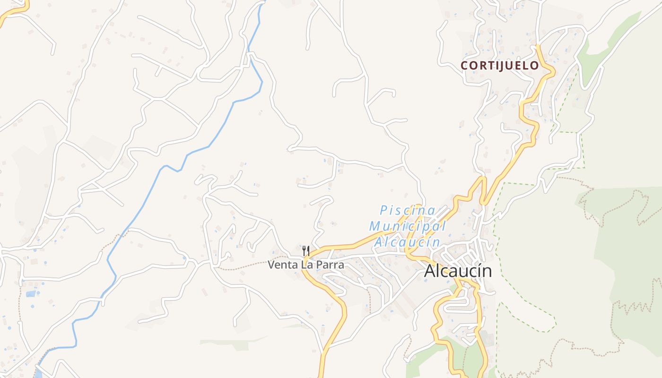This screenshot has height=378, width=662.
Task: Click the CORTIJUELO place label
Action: point(500,66)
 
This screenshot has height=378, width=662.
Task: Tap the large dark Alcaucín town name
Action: point(458,271)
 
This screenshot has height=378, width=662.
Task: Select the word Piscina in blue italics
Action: point(408,210)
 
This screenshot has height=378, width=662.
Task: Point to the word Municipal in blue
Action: point(408,226)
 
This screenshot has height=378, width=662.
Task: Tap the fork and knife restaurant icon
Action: point(306,251)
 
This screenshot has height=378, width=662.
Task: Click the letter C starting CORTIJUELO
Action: point(464,66)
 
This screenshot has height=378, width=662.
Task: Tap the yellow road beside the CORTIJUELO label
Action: point(548,71)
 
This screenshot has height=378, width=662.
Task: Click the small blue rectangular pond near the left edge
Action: point(31,294)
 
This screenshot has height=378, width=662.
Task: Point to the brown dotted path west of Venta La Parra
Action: point(246,266)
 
